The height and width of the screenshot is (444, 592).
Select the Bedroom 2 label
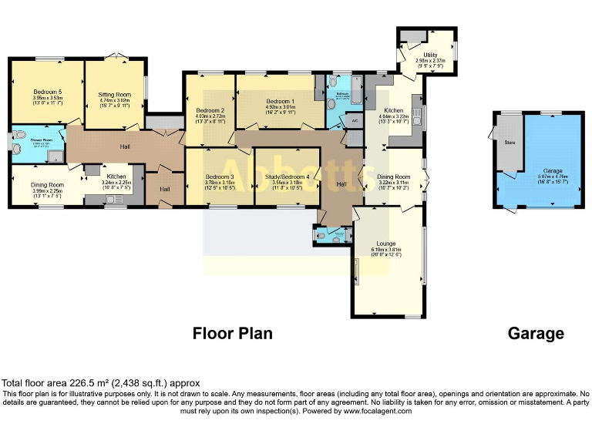pyautogui.click(x=210, y=111)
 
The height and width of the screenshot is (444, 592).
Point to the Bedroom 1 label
pyautogui.click(x=280, y=102)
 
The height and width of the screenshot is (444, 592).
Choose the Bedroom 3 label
pyautogui.click(x=220, y=177)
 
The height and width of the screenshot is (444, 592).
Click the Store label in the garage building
pyautogui.click(x=509, y=143)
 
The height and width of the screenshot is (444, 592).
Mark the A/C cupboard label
pyautogui.click(x=355, y=121)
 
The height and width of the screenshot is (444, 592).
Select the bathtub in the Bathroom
pyautogui.click(x=357, y=90)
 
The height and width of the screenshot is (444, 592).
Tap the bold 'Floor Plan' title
pyautogui.click(x=232, y=334)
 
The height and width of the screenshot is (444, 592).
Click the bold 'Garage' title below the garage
pyautogui.click(x=536, y=334)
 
